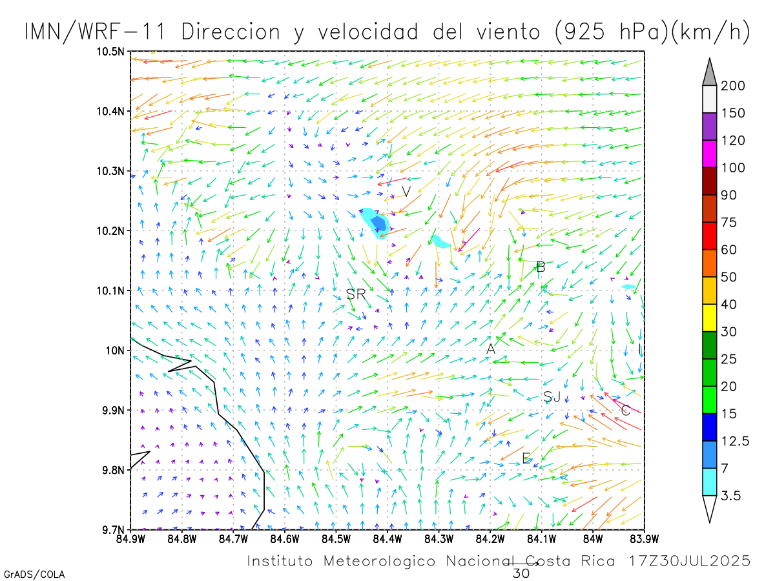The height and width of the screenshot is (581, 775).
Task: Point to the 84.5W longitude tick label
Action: click(336, 538)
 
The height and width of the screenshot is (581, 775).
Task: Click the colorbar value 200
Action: click(734, 86)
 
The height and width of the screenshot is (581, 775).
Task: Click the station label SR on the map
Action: click(356, 294)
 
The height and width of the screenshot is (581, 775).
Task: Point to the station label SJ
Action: click(552, 397)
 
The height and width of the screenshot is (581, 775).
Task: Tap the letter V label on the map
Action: click(406, 192)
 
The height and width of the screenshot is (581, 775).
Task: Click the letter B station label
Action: click(541, 267)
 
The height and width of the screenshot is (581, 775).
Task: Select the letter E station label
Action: click(526, 458)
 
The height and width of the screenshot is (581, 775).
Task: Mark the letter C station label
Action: click(625, 410)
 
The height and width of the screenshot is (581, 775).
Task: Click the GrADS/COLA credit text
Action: click(34, 574)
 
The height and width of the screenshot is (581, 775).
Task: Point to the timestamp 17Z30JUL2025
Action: click(690, 561)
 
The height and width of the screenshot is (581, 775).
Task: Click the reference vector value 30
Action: click(521, 573)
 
